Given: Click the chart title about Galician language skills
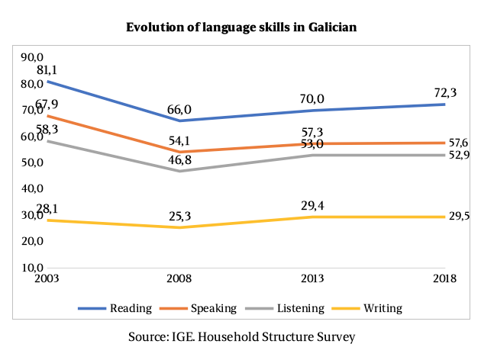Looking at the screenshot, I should (240, 27).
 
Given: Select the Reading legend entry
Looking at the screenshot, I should (124, 309).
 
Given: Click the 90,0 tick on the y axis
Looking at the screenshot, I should (33, 56).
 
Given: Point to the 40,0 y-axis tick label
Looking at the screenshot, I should (33, 188).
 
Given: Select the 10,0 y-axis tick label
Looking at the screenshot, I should (33, 268).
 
